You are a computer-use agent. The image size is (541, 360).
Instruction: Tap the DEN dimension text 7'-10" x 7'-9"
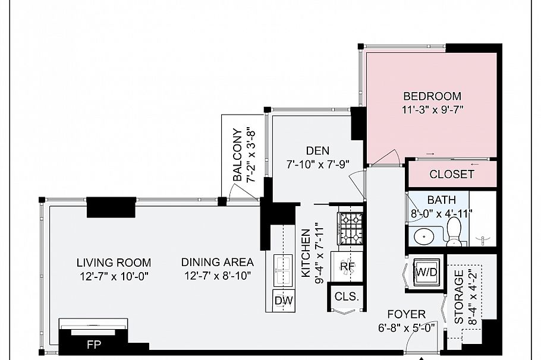318,165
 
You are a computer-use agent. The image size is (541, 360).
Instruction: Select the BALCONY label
237,154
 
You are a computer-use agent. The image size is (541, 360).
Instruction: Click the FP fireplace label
93,345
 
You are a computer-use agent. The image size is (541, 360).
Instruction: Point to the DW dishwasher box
284,301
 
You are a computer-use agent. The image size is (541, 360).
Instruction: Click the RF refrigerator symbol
347,267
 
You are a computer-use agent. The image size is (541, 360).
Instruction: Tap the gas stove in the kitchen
350,228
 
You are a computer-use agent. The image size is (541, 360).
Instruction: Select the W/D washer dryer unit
426,273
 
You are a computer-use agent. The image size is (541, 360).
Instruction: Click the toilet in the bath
454,231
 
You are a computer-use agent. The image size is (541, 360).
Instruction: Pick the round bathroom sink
422,237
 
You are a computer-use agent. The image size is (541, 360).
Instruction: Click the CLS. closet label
347,296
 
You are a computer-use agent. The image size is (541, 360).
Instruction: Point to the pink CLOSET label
452,174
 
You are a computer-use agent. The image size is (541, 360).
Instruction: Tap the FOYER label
407,314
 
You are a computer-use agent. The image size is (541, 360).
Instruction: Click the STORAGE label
458,297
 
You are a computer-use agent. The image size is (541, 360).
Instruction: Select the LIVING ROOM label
114,263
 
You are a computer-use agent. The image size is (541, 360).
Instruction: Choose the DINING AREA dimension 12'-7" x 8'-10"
218,276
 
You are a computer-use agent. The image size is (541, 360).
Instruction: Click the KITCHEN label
306,254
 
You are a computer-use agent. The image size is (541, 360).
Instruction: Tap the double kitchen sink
283,270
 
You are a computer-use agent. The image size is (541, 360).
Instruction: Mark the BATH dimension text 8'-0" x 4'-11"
441,214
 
